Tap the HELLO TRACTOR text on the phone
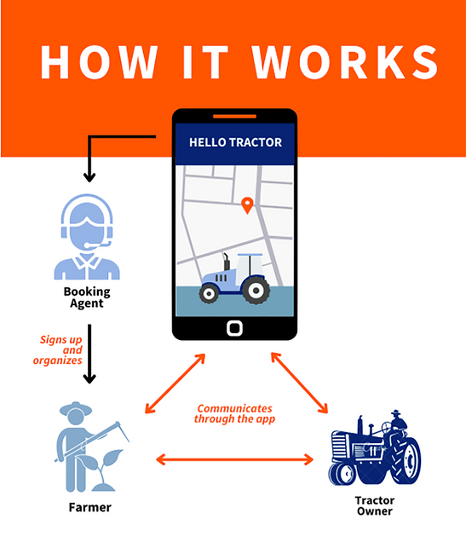coord(236,142)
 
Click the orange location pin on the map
coord(247,205)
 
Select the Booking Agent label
coord(87,297)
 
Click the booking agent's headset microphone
coord(98,245)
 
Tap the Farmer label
coord(89,507)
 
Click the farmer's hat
coord(76,408)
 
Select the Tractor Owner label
coord(375,505)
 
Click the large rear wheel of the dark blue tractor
coord(406,460)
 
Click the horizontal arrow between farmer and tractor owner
coord(234,459)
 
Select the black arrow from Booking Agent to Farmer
coord(89,354)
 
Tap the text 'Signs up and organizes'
coord(58,349)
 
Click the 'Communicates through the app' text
coord(234,414)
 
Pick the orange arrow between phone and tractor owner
coord(299,383)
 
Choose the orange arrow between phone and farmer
coord(175,383)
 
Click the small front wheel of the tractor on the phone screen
coord(209,293)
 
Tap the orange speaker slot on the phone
coord(234,117)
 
